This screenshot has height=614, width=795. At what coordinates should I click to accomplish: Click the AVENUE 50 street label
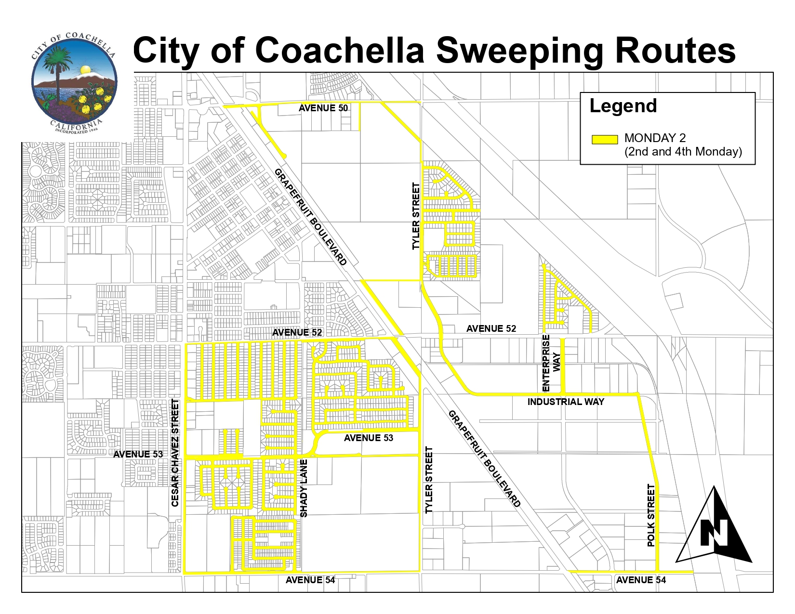click(323, 108)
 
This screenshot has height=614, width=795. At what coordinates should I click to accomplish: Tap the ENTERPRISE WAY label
click(551, 363)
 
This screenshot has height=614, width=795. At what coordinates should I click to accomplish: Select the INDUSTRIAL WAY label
click(566, 402)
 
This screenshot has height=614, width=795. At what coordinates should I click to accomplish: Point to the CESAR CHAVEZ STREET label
click(175, 453)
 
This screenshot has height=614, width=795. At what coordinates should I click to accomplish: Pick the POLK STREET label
click(651, 515)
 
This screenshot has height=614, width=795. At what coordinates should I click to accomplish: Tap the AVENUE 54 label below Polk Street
click(641, 580)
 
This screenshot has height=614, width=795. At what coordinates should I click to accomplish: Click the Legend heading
click(623, 106)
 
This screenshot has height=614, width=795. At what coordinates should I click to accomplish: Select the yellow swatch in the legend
click(604, 140)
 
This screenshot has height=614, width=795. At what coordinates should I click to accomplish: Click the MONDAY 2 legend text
click(655, 138)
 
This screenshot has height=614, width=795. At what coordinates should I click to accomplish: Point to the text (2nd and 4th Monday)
click(683, 152)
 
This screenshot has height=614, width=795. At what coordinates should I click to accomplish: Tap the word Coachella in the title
click(340, 50)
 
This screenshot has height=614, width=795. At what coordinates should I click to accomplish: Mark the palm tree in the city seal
click(58, 72)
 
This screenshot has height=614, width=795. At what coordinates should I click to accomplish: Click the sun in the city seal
click(86, 70)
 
